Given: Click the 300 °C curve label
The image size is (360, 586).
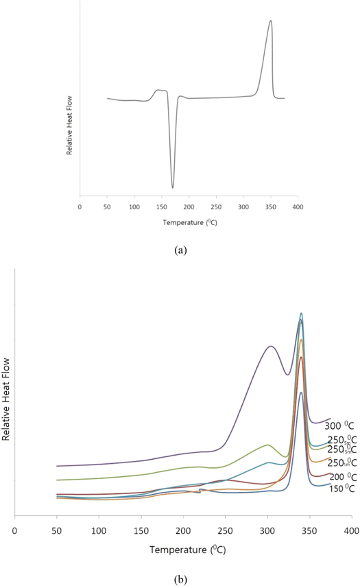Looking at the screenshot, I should click(339, 426).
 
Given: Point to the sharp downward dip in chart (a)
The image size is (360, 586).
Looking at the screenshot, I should click(173, 187).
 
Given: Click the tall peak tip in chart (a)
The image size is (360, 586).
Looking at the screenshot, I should click(271, 21).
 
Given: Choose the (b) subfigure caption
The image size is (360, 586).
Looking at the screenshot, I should click(180, 579).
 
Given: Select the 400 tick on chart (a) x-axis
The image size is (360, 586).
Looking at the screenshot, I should click(298, 206).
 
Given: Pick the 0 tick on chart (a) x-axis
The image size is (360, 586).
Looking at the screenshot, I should click(80, 206).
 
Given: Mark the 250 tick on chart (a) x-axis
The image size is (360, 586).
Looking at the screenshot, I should click(216, 206).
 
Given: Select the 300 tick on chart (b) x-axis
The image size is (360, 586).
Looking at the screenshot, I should click(267, 530).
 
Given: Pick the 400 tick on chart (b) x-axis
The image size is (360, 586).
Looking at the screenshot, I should click(352, 530).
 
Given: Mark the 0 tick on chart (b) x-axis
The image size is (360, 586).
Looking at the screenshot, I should click(14, 530).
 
